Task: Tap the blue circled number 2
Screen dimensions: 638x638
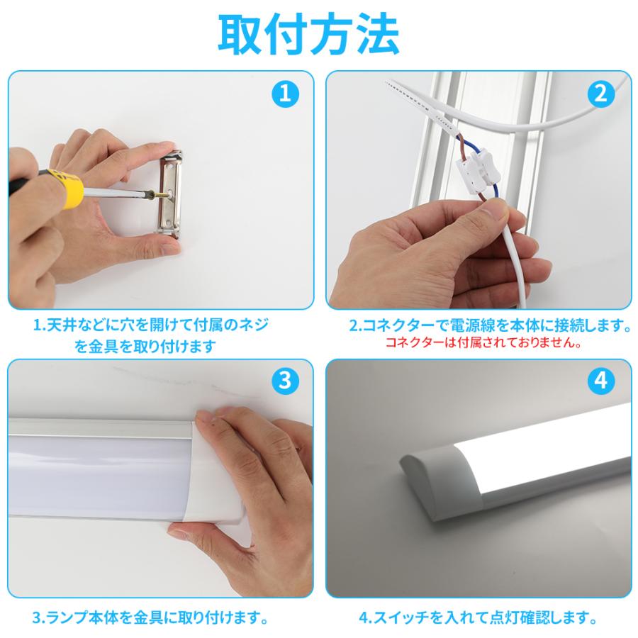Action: (600, 94)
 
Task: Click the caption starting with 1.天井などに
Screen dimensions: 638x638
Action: (152, 326)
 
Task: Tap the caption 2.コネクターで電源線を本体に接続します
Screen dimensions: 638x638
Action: (490, 326)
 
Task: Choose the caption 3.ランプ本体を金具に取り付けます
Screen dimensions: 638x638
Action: (150, 617)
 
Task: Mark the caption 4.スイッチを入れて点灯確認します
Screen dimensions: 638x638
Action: (478, 617)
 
